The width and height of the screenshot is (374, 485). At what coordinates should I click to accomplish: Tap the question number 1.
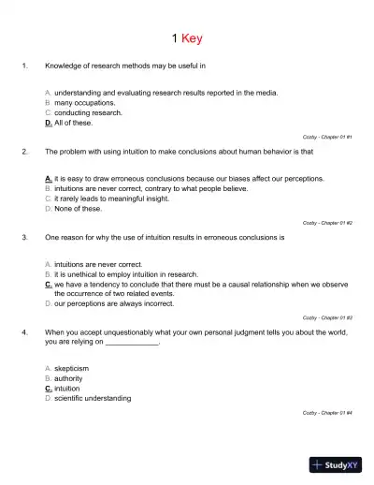(25, 66)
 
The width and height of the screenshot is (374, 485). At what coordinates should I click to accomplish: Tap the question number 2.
(25, 151)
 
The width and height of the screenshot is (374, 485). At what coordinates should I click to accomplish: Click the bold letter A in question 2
(48, 178)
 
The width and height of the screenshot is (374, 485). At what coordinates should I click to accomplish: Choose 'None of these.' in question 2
(78, 209)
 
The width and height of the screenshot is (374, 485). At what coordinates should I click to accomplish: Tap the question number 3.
(25, 238)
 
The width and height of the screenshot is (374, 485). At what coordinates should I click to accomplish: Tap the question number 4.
(25, 332)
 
